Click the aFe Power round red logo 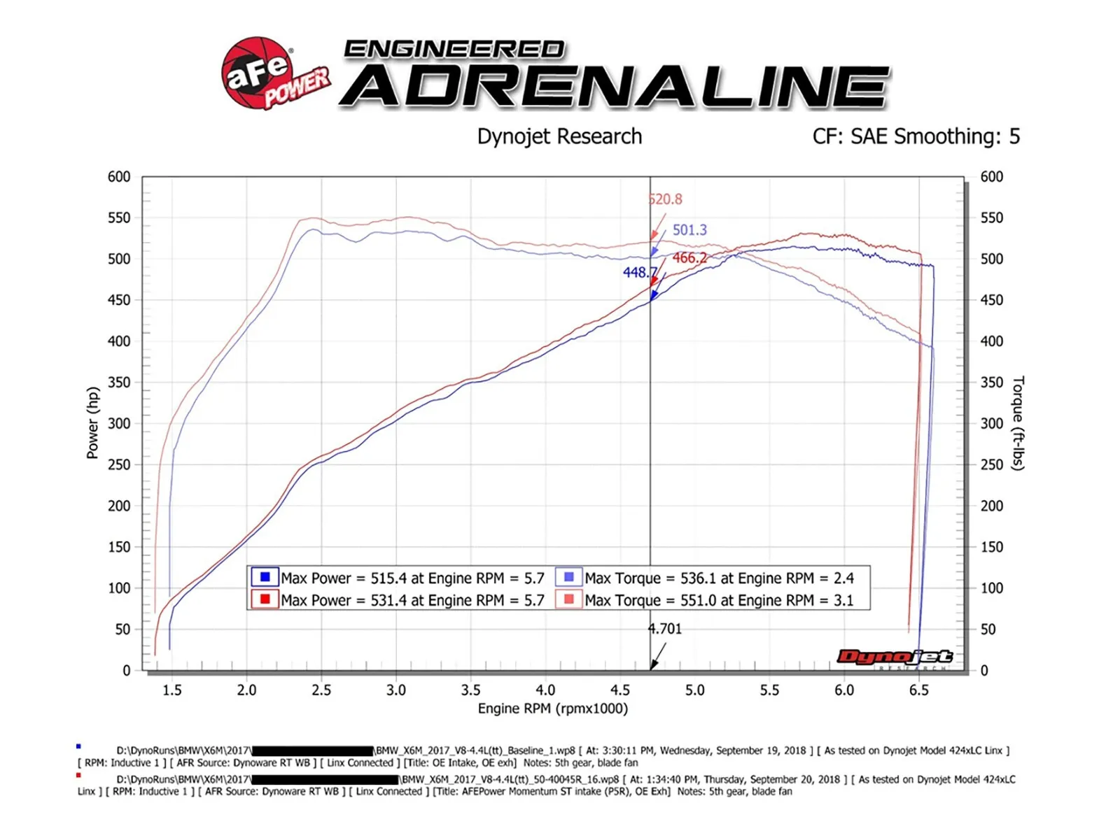coord(258,73)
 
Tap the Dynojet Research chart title coord(559,136)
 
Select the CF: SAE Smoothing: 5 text coord(916,136)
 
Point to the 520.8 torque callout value coord(666,199)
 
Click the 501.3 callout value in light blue coord(689,230)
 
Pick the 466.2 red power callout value coord(689,258)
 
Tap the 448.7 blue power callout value coord(639,272)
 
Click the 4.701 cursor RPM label coord(665,629)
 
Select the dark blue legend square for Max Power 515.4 coord(265,577)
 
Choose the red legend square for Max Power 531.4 coord(265,599)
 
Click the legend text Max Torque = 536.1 coord(719,578)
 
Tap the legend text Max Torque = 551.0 coord(719,600)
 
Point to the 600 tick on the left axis coord(119,177)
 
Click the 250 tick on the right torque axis coord(991,464)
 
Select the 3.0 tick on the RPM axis coord(396,690)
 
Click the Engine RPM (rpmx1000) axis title coord(553,709)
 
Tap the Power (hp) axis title coord(92,423)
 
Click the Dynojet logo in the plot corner coord(895,657)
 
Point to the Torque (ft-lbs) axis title coord(1018,423)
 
